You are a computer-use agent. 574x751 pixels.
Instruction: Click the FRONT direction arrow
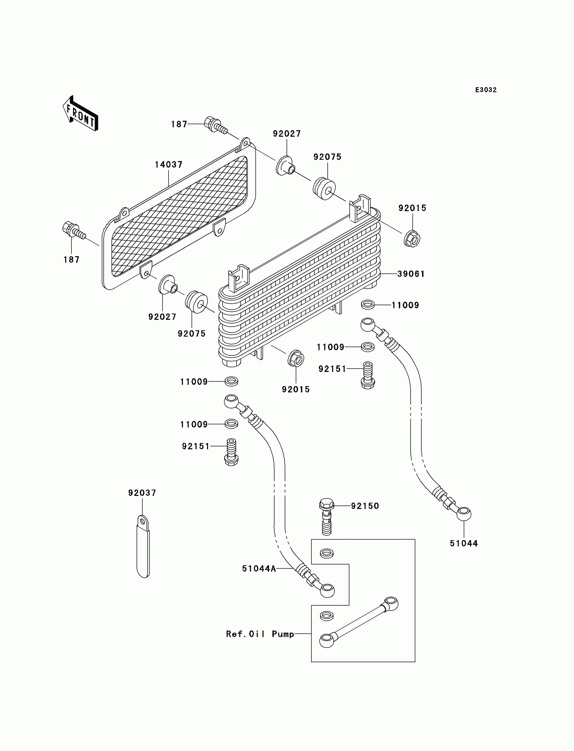80,114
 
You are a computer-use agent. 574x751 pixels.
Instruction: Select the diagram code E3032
486,90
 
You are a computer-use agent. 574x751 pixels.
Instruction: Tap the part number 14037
169,165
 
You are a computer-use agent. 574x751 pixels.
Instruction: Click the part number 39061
411,274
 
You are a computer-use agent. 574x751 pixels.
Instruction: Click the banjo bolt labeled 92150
326,521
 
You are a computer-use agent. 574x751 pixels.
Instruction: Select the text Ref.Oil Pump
260,634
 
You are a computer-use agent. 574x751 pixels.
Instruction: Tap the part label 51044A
259,569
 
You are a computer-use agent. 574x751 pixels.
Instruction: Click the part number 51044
464,544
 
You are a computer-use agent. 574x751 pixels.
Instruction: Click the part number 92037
142,493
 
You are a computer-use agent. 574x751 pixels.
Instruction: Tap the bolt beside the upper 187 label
216,125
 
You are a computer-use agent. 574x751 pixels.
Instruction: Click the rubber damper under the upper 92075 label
324,189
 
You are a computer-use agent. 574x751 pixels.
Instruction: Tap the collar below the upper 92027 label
285,166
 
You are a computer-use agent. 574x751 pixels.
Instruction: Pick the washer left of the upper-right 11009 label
368,304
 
